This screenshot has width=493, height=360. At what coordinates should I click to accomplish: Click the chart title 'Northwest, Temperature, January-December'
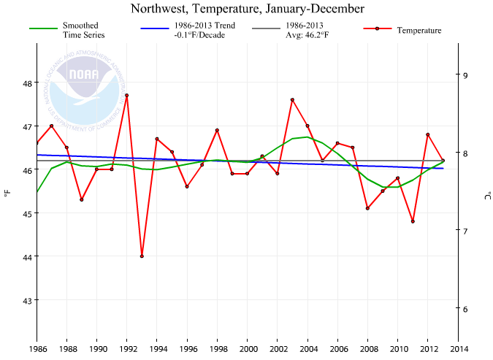click(247, 9)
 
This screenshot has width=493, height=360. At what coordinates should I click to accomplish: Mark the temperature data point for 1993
click(142, 256)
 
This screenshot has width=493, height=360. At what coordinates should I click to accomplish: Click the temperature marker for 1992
click(127, 95)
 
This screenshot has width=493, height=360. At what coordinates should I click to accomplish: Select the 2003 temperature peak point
click(292, 99)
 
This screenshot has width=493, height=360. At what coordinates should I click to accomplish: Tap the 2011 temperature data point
click(413, 221)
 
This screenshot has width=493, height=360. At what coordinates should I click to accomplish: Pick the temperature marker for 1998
click(217, 130)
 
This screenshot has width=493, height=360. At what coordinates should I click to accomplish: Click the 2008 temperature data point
click(367, 208)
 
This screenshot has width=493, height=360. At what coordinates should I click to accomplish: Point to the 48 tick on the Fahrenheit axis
click(27, 83)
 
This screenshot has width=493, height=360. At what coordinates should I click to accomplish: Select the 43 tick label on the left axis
click(27, 300)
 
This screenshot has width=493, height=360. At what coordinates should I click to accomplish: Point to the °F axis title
click(7, 193)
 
